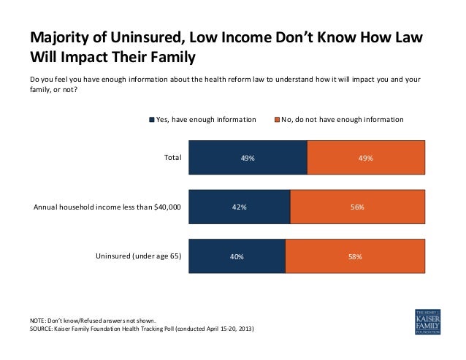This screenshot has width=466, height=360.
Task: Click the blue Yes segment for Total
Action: tap(248, 157)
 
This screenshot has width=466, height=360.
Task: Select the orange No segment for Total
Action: tap(365, 157)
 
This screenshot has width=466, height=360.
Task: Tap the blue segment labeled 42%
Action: tap(239, 207)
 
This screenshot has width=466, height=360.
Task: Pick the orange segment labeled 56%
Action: tap(357, 207)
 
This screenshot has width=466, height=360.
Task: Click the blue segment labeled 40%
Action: tap(237, 256)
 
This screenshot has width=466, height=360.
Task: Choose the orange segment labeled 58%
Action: tap(354, 256)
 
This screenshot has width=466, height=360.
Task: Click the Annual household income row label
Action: tap(107, 207)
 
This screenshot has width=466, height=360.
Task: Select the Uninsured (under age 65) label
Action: tap(138, 256)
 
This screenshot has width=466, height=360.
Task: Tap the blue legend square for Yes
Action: tap(152, 119)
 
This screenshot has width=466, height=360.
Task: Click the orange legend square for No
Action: tap(278, 119)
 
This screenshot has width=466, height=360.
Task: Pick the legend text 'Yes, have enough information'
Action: tap(207, 119)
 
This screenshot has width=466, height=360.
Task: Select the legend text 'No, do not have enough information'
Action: tap(343, 119)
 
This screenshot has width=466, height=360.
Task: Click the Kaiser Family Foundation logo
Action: tap(427, 321)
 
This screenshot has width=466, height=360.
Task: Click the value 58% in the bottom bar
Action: tap(354, 256)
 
